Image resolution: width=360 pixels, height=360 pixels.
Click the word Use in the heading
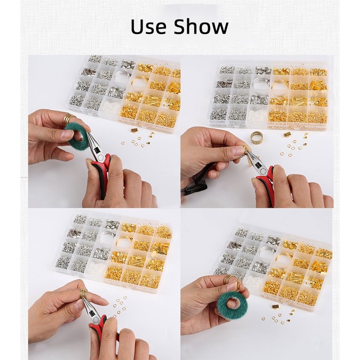pos(149,26)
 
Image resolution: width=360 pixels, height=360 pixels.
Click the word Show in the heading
pos(201,26)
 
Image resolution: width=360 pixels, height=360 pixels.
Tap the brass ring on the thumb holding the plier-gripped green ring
pos(69,119)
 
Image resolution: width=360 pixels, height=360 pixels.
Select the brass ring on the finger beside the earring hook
pos(227,280)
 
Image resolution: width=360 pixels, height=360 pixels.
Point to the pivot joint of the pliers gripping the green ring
pos(100,157)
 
